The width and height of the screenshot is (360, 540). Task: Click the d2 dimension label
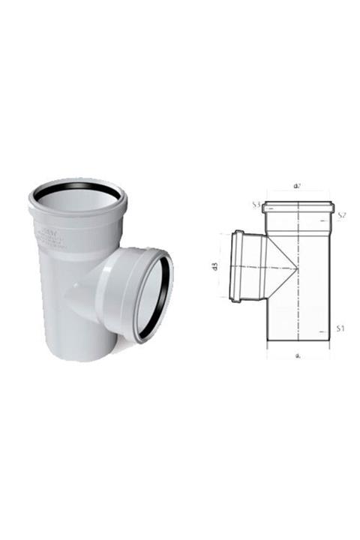pos(298,184)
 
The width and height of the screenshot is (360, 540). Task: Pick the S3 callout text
pos(256,204)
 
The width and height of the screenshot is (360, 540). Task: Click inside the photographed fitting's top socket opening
pos(77,196)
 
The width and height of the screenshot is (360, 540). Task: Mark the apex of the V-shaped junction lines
pos(297,268)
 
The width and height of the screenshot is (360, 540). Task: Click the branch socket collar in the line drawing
pos(237,267)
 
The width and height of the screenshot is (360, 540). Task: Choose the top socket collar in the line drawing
pos(298,206)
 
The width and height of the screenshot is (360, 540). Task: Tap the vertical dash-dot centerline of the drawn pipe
pos(299,300)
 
